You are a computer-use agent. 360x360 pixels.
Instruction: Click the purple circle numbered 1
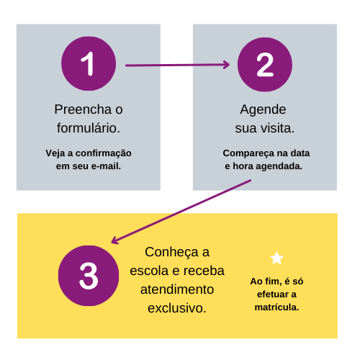click(89, 63)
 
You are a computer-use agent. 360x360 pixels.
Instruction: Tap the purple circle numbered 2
click(265, 64)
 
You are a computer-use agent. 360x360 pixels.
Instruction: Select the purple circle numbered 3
click(89, 276)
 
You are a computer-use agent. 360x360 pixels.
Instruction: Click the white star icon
click(276, 258)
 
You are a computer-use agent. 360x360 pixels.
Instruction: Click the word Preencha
click(83, 109)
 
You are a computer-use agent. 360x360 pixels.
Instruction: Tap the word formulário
click(89, 128)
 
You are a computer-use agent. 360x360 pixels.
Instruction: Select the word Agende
click(263, 110)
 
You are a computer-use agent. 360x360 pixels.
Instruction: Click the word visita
click(278, 128)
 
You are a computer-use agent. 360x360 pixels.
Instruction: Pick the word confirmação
click(104, 153)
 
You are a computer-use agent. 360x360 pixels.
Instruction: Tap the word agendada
click(279, 166)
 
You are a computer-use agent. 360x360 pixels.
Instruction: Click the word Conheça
click(171, 253)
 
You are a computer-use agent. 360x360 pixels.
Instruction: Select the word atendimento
click(177, 289)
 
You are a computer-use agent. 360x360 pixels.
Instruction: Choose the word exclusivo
click(177, 308)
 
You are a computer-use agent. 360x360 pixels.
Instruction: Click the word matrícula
click(276, 307)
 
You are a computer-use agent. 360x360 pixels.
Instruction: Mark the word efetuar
click(273, 294)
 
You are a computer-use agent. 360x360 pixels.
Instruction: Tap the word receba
click(204, 271)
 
